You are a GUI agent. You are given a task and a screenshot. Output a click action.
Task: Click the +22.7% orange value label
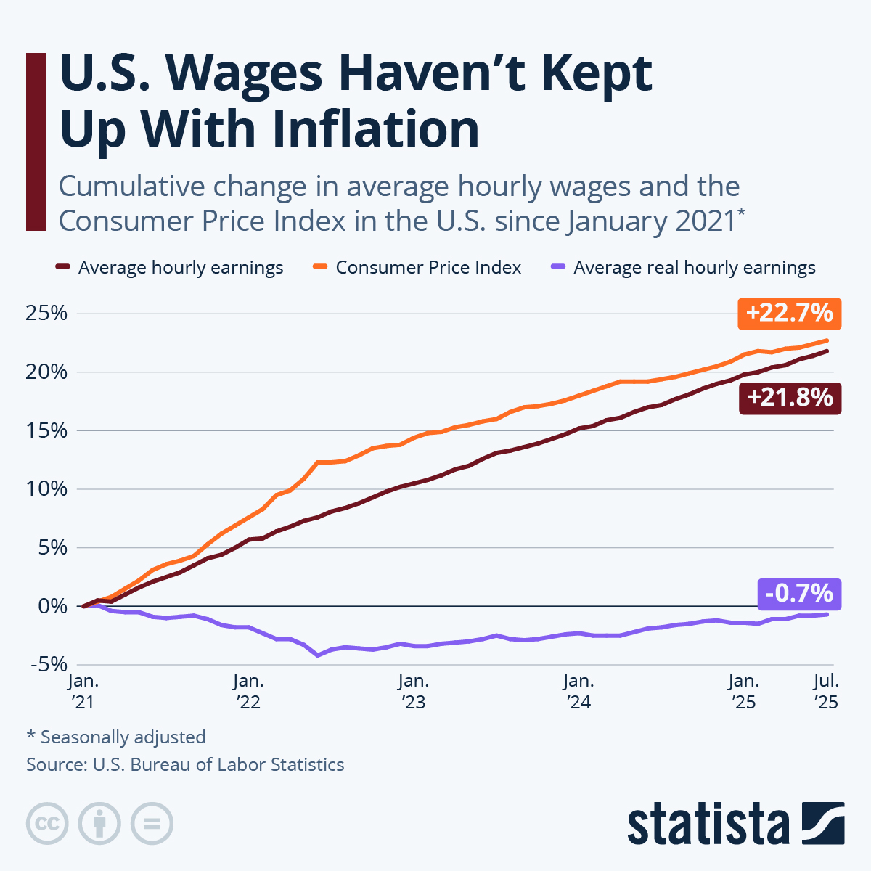789,314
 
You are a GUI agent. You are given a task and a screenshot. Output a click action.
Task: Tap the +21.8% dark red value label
790,398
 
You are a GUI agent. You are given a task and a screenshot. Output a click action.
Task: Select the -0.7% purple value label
799,594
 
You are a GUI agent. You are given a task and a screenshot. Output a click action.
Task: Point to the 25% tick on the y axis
47,314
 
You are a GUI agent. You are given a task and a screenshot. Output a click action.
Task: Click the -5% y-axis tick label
47,664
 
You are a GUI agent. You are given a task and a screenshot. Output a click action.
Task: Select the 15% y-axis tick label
47,431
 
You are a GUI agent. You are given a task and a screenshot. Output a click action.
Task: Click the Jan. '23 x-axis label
414,691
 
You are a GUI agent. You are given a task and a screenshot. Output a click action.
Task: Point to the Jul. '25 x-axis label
826,691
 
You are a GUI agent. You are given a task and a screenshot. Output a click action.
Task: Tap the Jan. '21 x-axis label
84,691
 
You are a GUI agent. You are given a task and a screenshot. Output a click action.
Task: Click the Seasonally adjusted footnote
116,737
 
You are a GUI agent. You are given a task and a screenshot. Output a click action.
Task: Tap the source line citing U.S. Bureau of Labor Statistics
185,764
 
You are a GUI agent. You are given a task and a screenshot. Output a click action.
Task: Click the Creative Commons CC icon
48,824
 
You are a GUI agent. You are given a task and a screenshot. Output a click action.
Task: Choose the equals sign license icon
152,824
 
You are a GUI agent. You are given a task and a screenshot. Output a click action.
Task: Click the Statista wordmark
708,825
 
